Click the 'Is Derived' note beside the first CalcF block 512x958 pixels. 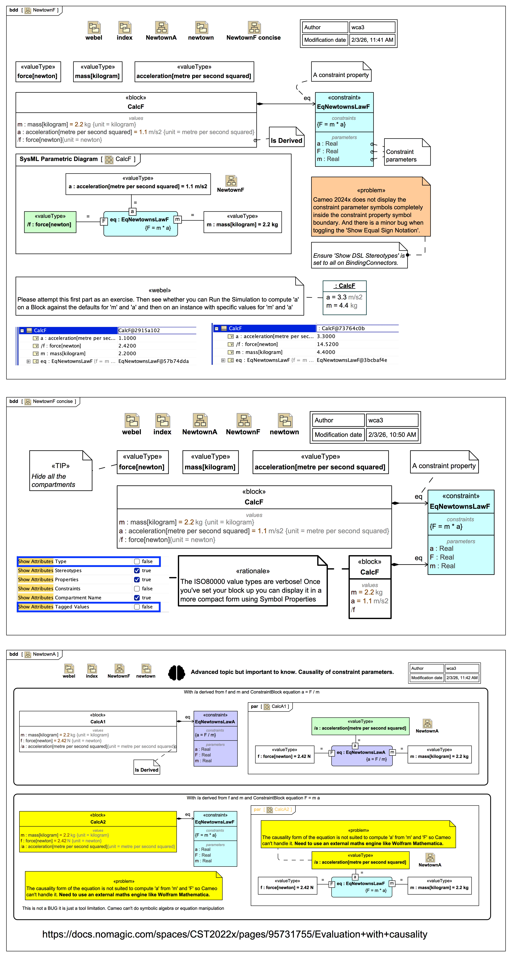tap(286, 137)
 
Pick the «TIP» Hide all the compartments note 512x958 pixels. tap(61, 471)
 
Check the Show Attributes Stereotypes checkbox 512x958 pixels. tap(137, 570)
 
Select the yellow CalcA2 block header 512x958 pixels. tap(98, 819)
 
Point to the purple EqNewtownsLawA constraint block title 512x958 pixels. tap(215, 718)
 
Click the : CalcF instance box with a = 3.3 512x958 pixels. tap(344, 298)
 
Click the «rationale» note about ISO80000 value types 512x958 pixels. tap(253, 581)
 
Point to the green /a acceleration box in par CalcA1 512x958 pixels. tap(360, 726)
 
